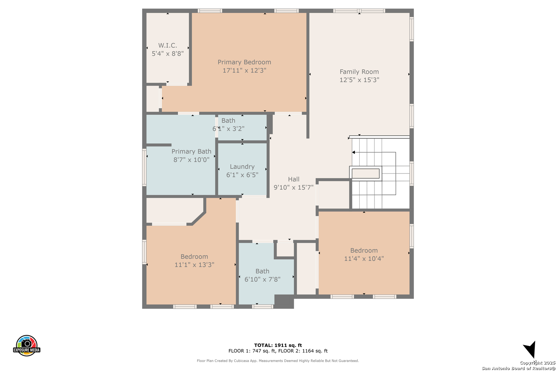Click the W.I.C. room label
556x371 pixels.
click(167, 45)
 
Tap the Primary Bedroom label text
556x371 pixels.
click(244, 62)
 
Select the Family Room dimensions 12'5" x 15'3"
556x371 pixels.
click(359, 80)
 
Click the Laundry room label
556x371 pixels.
click(242, 167)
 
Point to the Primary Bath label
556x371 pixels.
click(192, 151)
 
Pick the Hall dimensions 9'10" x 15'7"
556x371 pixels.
click(293, 187)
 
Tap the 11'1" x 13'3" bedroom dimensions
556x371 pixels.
click(194, 265)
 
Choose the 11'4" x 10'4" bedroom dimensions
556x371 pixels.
click(364, 258)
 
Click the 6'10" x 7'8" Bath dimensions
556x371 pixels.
click(262, 279)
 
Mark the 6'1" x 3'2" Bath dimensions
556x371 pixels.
click(228, 129)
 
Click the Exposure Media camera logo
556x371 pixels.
click(26, 345)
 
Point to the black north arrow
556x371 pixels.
click(530, 349)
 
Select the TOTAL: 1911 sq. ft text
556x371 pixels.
click(278, 345)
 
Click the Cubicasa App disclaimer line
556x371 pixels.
click(278, 361)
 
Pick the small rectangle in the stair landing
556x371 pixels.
click(366, 173)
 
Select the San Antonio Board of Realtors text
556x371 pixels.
click(518, 368)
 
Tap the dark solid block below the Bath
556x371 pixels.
click(284, 301)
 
